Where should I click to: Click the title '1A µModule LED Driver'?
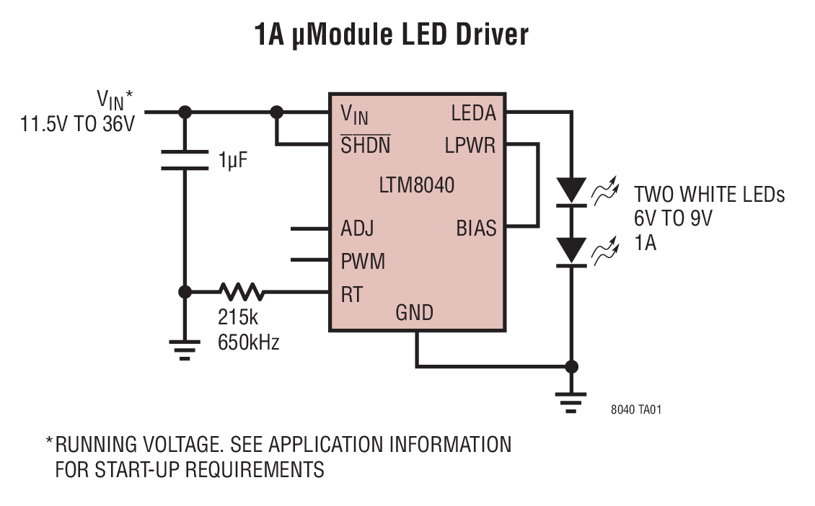(x=392, y=34)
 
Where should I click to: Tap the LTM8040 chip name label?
(x=417, y=185)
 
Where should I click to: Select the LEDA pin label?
(x=473, y=113)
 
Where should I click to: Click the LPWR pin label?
(x=470, y=146)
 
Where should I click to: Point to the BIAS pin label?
(x=476, y=228)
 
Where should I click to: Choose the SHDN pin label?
(x=365, y=146)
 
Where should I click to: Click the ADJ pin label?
(x=357, y=229)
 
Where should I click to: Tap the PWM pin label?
(x=363, y=261)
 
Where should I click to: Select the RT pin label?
(x=351, y=294)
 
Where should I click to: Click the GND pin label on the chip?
(x=415, y=313)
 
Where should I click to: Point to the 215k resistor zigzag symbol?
(x=242, y=292)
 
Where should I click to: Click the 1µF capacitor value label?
(x=233, y=161)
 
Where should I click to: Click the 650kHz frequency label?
(x=248, y=342)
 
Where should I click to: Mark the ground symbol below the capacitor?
(x=185, y=351)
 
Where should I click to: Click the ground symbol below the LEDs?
(x=572, y=403)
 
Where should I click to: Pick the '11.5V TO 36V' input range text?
(x=78, y=123)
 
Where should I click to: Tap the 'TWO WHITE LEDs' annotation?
(x=709, y=195)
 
